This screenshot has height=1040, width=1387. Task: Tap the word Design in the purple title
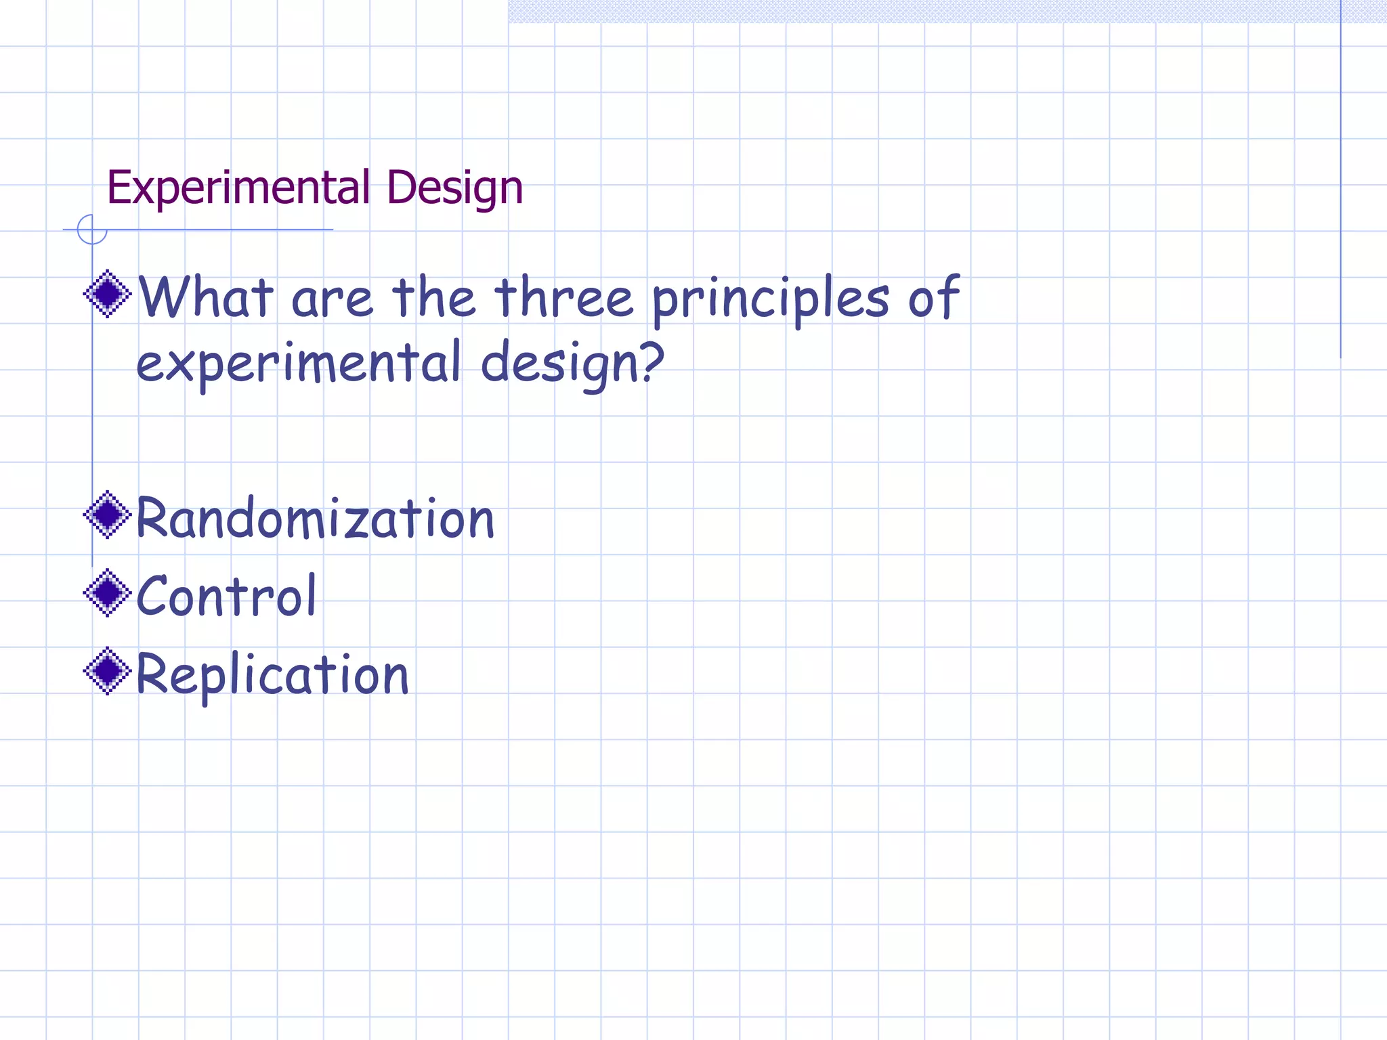pos(454,189)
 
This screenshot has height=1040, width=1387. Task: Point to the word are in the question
pos(332,300)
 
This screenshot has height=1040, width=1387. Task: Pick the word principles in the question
pos(771,299)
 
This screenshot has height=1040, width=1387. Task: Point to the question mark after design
pos(652,360)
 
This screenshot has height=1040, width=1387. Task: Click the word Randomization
pos(315,518)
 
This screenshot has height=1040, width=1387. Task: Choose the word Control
pos(226,595)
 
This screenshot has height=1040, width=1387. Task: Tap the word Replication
pos(272,674)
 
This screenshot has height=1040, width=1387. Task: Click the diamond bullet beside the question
pos(107,294)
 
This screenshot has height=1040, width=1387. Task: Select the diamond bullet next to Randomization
pos(107,515)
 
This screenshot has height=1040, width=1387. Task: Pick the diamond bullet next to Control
pos(107,593)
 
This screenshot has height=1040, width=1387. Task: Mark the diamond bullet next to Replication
pos(107,672)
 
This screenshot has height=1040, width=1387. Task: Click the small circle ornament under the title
pos(92,230)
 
